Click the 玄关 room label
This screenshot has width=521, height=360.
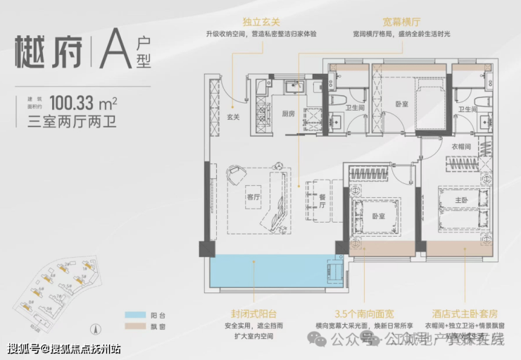[x=233, y=116]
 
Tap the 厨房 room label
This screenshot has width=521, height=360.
[x=289, y=113]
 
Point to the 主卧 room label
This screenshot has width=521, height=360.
[x=463, y=200]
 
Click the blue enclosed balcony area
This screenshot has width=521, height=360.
[x=268, y=271]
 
